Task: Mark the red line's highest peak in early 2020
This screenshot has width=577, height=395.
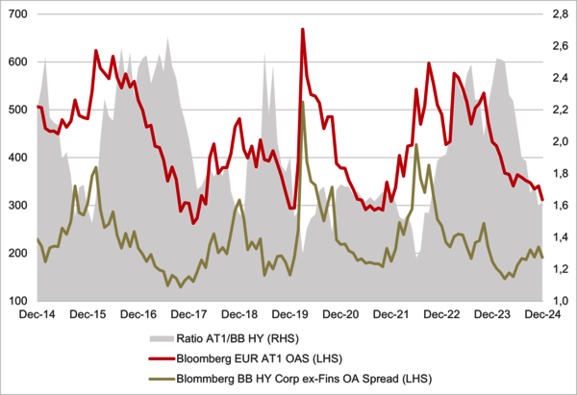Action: (x=303, y=30)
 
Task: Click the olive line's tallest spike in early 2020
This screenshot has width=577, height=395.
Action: (x=302, y=102)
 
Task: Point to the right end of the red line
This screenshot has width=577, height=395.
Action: (x=543, y=200)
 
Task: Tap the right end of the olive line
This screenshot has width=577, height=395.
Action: (x=543, y=257)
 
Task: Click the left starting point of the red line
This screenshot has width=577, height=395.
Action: (x=37, y=106)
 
